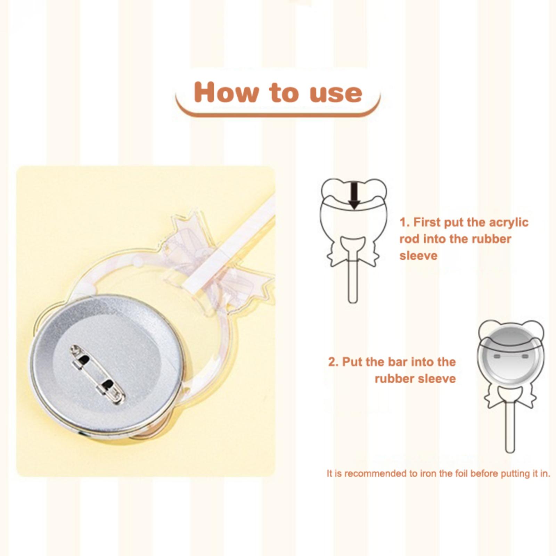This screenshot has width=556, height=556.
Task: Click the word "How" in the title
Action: tap(227, 92)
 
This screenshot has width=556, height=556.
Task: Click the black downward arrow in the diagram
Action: tap(354, 196)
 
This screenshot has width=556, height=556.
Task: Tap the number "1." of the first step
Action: tap(404, 222)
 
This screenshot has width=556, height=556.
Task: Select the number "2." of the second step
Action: tap(333, 362)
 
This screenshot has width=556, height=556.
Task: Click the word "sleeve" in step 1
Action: tap(418, 256)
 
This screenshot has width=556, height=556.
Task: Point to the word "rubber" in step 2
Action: tap(394, 378)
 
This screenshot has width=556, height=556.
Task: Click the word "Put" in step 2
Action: tap(351, 362)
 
